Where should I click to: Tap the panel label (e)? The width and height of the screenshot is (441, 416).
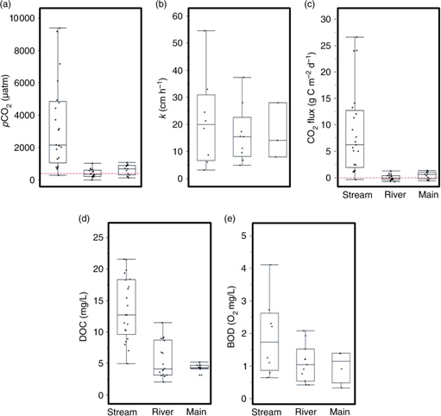(x=230, y=219)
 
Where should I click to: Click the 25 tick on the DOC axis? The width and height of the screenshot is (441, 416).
(x=93, y=236)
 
